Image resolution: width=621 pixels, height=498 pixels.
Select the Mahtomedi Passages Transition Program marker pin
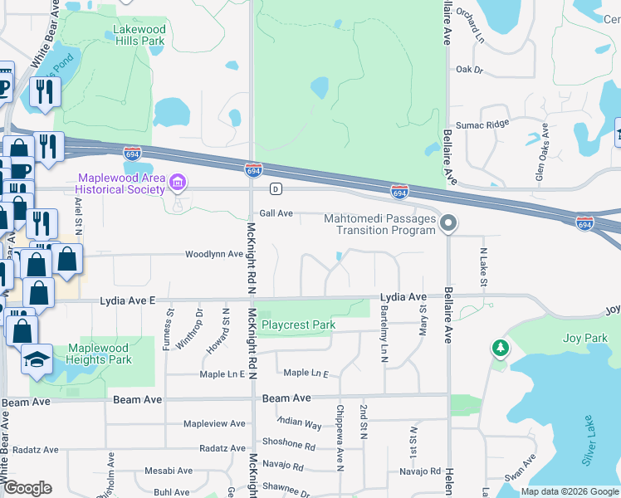click(x=448, y=223)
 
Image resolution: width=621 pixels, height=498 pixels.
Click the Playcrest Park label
click(x=298, y=325)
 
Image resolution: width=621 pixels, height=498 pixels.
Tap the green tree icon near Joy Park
click(x=500, y=349)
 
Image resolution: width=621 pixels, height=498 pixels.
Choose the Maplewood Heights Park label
click(x=99, y=354)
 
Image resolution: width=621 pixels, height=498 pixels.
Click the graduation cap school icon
click(x=37, y=359)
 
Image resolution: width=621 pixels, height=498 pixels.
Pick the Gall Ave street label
click(x=276, y=213)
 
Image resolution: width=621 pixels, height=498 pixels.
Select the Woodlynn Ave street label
click(x=213, y=254)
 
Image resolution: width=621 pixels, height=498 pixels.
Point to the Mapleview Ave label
click(x=214, y=423)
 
